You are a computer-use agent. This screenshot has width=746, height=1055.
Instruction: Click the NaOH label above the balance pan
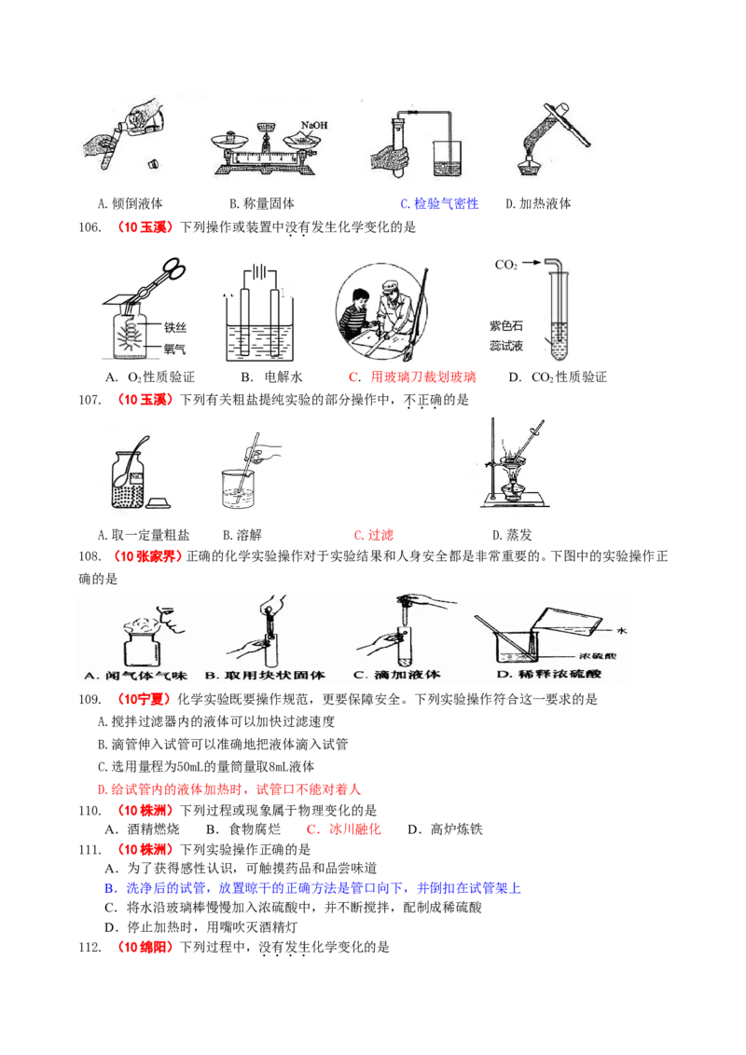tap(314, 125)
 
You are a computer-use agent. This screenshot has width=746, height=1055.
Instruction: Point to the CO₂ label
tap(505, 266)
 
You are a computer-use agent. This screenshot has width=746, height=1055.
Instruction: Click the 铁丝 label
tap(175, 328)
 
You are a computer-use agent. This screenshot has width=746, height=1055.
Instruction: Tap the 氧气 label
tap(175, 349)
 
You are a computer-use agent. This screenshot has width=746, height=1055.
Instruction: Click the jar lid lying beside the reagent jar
tap(158, 503)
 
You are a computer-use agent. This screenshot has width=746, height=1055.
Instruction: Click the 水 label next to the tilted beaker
tap(622, 631)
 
